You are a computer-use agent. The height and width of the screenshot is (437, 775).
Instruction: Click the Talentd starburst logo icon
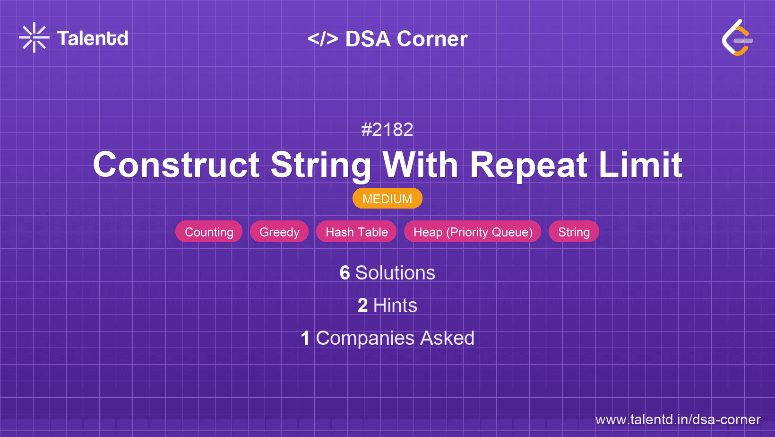34,37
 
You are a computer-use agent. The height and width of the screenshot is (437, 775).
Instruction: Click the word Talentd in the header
93,38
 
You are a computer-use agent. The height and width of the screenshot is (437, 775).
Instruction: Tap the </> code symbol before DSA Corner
323,39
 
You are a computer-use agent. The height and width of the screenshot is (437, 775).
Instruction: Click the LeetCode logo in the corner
737,38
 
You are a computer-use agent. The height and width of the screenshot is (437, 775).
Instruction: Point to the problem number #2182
387,130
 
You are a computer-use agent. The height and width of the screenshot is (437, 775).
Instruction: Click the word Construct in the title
176,165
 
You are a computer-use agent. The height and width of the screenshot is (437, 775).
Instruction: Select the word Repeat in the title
528,165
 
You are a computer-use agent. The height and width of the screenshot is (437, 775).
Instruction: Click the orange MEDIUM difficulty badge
387,199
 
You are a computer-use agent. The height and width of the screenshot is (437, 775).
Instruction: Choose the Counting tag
209,232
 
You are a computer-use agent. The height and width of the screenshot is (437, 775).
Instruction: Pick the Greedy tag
279,232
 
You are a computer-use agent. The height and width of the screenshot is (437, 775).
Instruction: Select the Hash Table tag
356,232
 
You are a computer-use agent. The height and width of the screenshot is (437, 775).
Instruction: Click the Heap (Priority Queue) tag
473,232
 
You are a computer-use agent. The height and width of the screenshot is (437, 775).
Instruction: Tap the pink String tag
574,232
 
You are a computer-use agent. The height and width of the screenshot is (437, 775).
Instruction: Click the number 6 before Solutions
344,273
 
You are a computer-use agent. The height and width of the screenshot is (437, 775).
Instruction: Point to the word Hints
395,306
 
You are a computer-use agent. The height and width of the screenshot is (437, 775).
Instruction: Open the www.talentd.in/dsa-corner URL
678,420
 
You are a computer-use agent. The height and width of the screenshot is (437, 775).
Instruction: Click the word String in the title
321,165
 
